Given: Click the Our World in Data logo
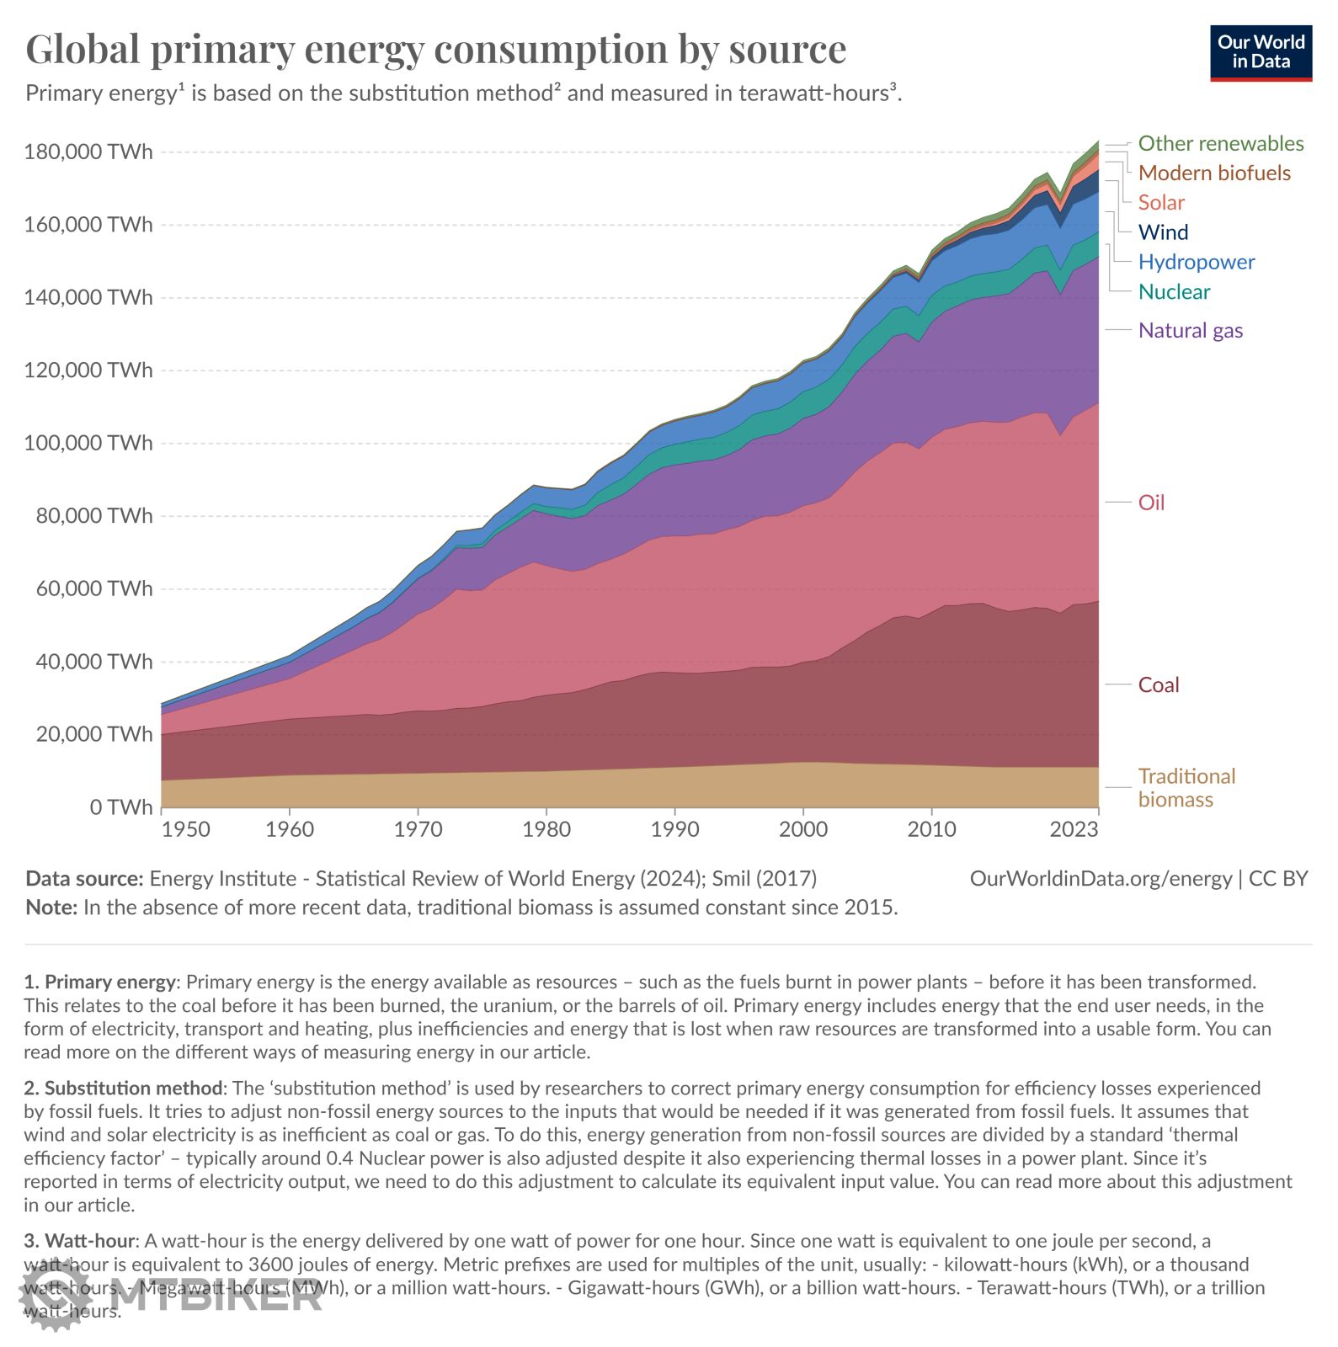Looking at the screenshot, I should tap(1261, 53).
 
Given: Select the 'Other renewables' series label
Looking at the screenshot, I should tap(1220, 143).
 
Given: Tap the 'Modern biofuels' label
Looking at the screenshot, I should tap(1213, 173).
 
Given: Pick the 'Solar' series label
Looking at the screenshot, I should tap(1160, 202).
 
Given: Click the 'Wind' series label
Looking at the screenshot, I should tap(1163, 232).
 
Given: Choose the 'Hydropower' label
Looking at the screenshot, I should tap(1196, 262).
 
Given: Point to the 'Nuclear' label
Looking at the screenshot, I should tap(1174, 291).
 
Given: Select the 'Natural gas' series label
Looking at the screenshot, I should tap(1190, 330).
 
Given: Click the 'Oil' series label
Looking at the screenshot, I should tap(1151, 503).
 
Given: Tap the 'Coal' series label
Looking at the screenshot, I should tap(1158, 685).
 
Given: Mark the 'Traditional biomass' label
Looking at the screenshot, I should tap(1186, 787).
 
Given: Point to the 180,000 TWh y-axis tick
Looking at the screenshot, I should tap(88, 152).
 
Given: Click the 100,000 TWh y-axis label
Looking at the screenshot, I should tap(88, 443).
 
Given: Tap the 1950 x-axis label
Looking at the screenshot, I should tap(185, 829).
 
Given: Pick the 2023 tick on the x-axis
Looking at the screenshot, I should tap(1074, 829).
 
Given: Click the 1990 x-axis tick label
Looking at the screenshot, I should tap(674, 829).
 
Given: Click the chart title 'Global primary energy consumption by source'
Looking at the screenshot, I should tap(435, 49).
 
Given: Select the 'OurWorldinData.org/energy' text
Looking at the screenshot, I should tap(1101, 878).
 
